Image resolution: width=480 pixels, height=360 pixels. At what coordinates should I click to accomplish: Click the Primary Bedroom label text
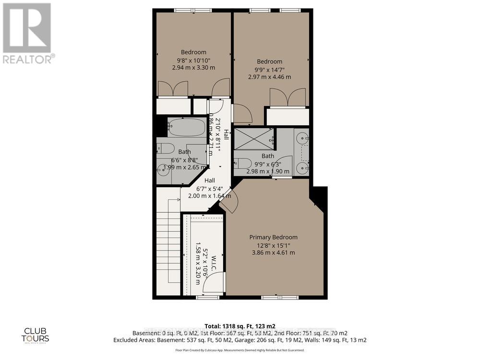273,237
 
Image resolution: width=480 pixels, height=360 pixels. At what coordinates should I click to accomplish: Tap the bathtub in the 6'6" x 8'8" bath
186,128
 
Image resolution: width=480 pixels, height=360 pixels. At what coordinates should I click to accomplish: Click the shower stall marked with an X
253,138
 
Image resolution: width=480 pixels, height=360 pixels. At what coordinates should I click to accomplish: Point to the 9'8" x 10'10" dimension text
193,60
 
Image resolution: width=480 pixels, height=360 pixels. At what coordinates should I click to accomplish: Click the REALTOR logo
27,34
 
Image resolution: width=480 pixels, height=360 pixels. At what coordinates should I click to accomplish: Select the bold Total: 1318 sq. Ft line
240,325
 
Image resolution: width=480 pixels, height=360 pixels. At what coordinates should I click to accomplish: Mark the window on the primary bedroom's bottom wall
276,297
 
